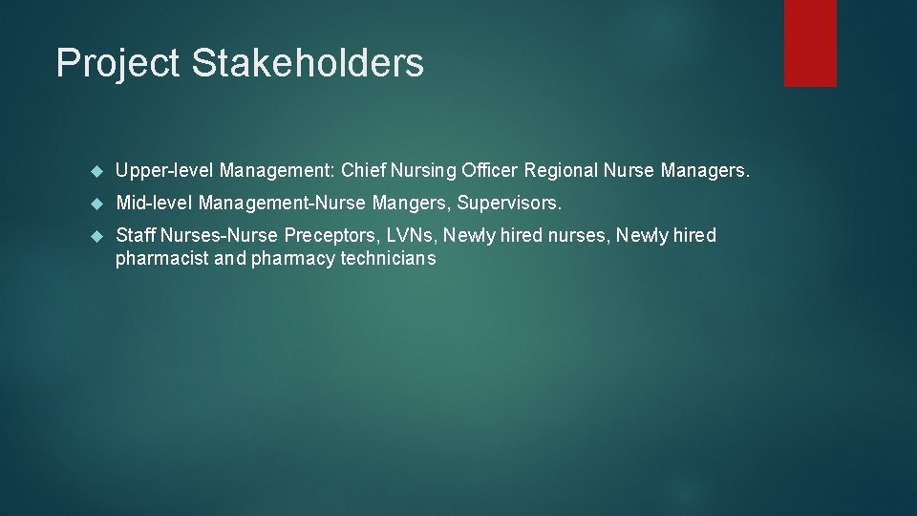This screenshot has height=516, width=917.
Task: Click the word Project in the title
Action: (117, 64)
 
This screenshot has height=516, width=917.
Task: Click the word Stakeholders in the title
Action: (308, 63)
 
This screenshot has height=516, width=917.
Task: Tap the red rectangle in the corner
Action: (810, 43)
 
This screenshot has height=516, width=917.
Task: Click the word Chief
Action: (361, 171)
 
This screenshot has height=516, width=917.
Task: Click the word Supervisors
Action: (509, 204)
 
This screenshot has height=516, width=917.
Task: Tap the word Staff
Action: (136, 235)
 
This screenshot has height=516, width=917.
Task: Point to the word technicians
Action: (388, 258)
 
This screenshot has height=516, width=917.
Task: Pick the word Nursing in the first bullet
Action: (424, 171)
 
